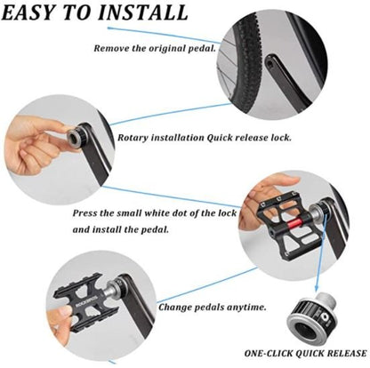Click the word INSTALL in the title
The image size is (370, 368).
142,12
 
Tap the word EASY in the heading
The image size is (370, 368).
29,12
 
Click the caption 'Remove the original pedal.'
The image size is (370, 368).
155,48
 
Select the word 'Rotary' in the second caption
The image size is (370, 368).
133,138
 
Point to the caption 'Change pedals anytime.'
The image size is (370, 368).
213,307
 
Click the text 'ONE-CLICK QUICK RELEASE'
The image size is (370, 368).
305,353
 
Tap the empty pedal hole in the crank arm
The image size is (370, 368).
269,63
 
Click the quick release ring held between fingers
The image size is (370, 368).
74,137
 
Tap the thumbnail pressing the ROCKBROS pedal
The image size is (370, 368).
65,312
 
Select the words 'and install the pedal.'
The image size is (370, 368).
121,229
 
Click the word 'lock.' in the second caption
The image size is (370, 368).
281,138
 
